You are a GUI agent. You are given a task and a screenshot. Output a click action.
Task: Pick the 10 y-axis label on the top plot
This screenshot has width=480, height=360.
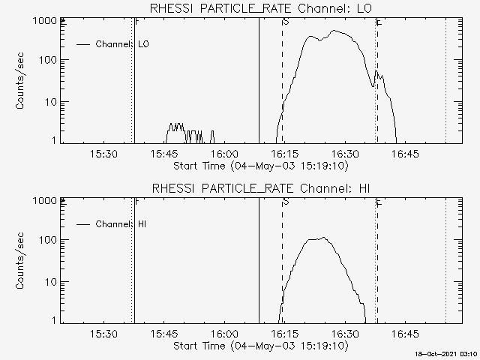(50, 101)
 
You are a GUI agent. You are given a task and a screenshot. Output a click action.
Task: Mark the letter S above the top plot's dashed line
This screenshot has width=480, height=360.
(286, 22)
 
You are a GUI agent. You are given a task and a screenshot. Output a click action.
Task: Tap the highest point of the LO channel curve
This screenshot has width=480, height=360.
(334, 31)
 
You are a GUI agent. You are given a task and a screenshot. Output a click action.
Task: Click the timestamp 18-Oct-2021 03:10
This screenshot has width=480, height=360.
(447, 353)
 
